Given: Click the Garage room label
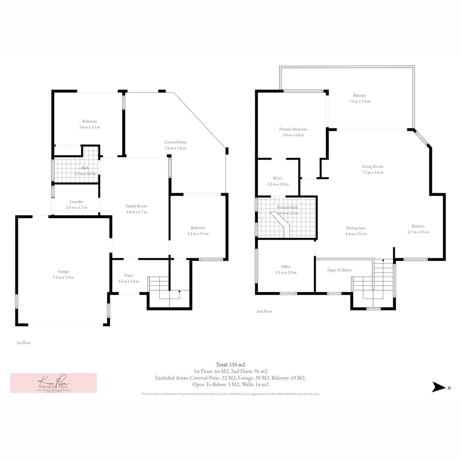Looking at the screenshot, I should (x=64, y=271).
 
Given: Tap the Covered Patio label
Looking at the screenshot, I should (x=175, y=142).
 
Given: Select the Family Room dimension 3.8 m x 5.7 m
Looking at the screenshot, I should (x=137, y=212).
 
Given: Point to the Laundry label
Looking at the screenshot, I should (x=76, y=201).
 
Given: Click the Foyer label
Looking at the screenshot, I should (x=128, y=275).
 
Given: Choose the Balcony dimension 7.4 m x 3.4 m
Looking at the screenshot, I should (x=359, y=102).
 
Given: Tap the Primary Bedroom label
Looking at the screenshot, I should (x=293, y=129).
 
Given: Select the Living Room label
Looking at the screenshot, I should (x=373, y=166).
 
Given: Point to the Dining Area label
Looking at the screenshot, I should (x=356, y=228).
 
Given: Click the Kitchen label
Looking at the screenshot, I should (x=418, y=226).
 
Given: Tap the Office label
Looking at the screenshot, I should (x=286, y=267).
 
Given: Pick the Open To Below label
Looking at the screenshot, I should (x=340, y=270).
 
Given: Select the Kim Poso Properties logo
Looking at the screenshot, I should (x=53, y=383).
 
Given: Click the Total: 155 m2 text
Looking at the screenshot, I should (x=230, y=365).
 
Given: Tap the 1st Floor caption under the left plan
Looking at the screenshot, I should (x=24, y=343).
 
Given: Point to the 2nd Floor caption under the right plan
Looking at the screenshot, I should (x=264, y=312).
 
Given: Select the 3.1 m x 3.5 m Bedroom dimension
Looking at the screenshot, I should (x=198, y=234).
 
